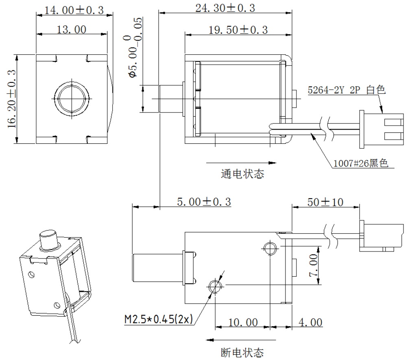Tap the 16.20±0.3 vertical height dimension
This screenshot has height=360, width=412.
pyautogui.click(x=12, y=99)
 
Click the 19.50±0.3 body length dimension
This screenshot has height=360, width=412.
pyautogui.click(x=238, y=30)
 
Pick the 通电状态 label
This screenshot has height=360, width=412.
pyautogui.click(x=242, y=174)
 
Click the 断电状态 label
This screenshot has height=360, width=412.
pyautogui.click(x=242, y=352)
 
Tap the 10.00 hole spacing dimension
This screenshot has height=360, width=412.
pyautogui.click(x=242, y=323)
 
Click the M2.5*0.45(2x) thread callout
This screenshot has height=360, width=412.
pyautogui.click(x=158, y=319)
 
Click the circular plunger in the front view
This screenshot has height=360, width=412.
pyautogui.click(x=72, y=98)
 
